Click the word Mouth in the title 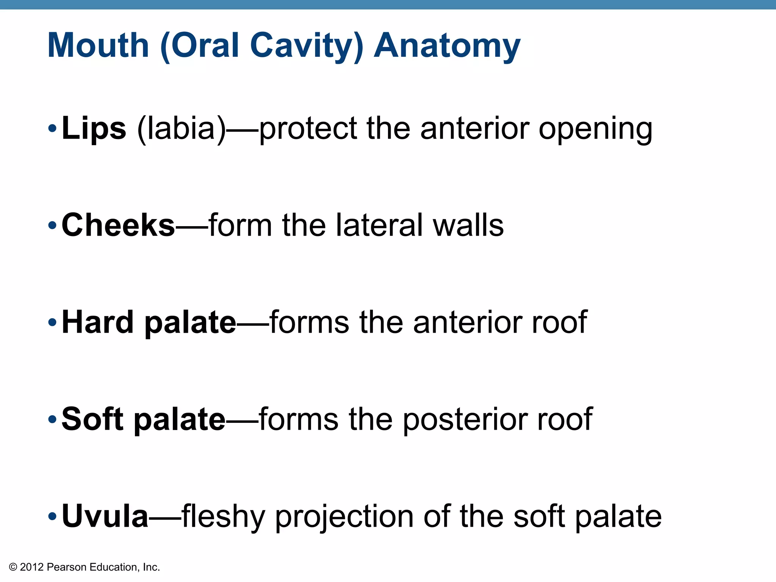pyautogui.click(x=98, y=45)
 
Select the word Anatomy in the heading pyautogui.click(x=447, y=45)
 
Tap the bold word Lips pyautogui.click(x=94, y=128)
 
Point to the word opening pyautogui.click(x=596, y=130)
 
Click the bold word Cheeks pyautogui.click(x=118, y=225)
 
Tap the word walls pyautogui.click(x=468, y=225)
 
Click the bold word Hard pyautogui.click(x=98, y=322)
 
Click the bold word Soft pyautogui.click(x=92, y=419)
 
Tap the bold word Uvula pyautogui.click(x=105, y=516)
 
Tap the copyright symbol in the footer pyautogui.click(x=13, y=567)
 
